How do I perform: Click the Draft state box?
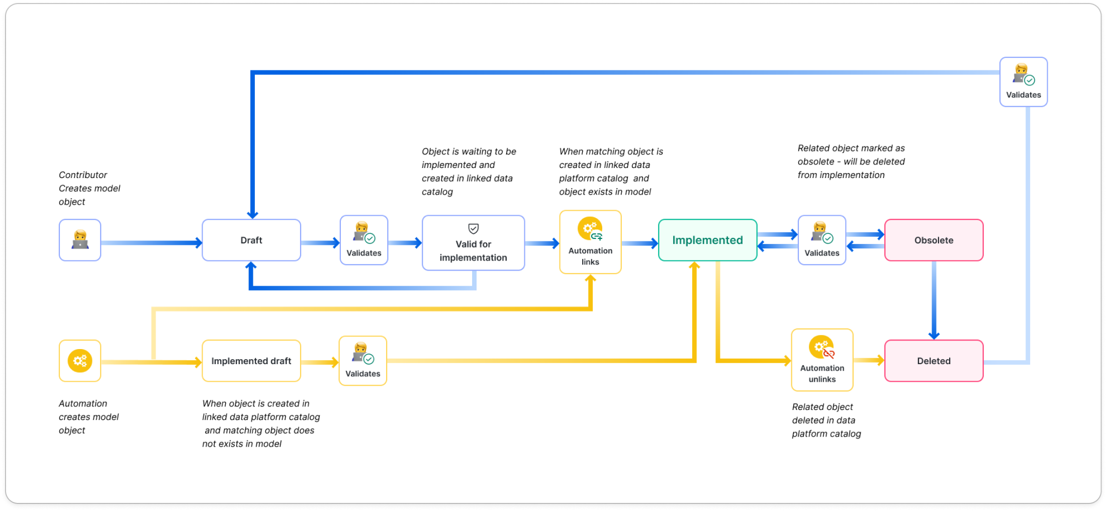pyautogui.click(x=251, y=240)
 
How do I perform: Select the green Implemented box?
pyautogui.click(x=707, y=240)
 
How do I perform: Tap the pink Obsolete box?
pyautogui.click(x=934, y=240)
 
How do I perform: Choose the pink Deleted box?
pyautogui.click(x=934, y=361)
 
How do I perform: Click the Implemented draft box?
pyautogui.click(x=251, y=361)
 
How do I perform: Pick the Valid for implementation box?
pyautogui.click(x=473, y=243)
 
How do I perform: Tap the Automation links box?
pyautogui.click(x=590, y=242)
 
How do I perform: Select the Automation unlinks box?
pyautogui.click(x=822, y=360)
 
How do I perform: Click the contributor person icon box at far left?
pyautogui.click(x=80, y=240)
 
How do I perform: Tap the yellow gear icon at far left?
pyautogui.click(x=80, y=361)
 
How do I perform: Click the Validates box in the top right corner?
pyautogui.click(x=1023, y=82)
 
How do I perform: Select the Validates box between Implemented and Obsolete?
pyautogui.click(x=821, y=240)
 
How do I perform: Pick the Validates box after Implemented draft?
pyautogui.click(x=362, y=361)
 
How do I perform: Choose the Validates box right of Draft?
pyautogui.click(x=363, y=240)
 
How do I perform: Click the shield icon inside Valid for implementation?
pyautogui.click(x=473, y=229)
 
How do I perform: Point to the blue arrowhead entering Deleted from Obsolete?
pyautogui.click(x=934, y=335)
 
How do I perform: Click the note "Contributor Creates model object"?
pyautogui.click(x=89, y=188)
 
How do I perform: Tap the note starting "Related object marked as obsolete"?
pyautogui.click(x=851, y=161)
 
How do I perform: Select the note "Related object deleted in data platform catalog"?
pyautogui.click(x=826, y=420)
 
